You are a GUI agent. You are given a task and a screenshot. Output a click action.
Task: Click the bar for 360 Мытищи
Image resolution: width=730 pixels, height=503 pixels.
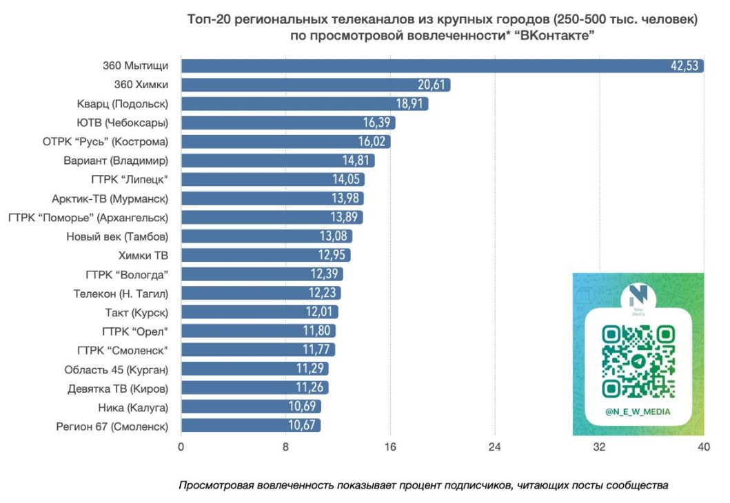[441, 66]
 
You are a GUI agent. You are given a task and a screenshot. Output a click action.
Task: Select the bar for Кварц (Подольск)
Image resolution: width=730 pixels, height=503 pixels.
[304, 104]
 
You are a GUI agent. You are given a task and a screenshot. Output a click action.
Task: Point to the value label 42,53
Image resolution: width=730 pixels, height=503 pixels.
[685, 66]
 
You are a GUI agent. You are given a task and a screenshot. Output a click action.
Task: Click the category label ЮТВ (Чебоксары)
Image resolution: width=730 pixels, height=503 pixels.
[123, 123]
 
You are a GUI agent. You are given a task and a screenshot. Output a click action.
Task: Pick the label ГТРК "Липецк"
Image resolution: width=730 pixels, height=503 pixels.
[130, 179]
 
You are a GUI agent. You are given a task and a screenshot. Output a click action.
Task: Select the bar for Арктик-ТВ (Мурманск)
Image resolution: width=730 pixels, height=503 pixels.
[272, 198]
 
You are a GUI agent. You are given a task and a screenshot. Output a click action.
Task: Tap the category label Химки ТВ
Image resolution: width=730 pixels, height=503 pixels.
[143, 255]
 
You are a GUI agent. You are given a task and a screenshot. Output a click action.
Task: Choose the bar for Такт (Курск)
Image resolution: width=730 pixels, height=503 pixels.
[259, 312]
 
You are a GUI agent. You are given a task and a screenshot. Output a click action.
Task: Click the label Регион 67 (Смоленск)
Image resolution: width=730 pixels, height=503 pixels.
[112, 426]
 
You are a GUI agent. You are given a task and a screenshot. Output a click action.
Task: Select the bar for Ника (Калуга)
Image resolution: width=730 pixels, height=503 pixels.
[250, 407]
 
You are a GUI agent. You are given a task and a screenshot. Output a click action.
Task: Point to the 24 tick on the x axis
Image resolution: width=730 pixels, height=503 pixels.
[495, 447]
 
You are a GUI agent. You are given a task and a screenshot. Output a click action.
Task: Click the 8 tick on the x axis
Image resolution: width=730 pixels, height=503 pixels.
[285, 447]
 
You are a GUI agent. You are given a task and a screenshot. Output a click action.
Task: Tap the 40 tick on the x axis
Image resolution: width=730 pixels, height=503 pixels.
[703, 447]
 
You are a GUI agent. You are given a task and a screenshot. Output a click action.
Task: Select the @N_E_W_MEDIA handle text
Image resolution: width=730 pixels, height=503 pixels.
[638, 412]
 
